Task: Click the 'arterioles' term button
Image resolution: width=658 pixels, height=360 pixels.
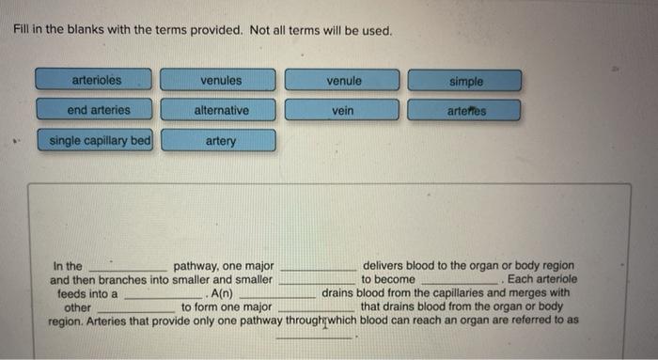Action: point(97,81)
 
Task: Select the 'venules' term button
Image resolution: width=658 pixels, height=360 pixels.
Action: point(218,81)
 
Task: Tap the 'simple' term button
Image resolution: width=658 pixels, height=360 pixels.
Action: point(465,82)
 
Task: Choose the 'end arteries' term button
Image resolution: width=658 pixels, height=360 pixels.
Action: point(97,111)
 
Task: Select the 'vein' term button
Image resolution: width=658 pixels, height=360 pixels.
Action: point(343,111)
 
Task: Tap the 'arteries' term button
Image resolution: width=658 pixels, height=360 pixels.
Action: point(465,112)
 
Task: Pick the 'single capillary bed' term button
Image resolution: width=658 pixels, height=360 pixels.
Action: point(97,141)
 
